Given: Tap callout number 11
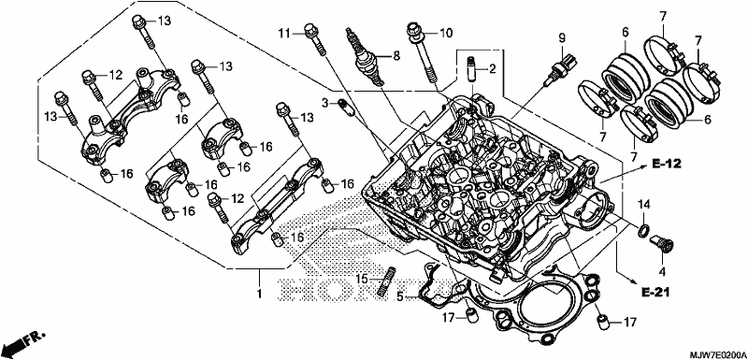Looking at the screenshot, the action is pyautogui.click(x=285, y=33).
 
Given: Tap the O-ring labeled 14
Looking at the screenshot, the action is pyautogui.click(x=643, y=231).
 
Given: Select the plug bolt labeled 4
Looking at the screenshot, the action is pyautogui.click(x=663, y=243).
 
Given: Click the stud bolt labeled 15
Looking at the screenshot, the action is pyautogui.click(x=387, y=281).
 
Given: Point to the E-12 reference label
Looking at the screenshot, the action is pyautogui.click(x=667, y=165).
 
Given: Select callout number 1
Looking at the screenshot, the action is pyautogui.click(x=260, y=294).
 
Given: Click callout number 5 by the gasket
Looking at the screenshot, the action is pyautogui.click(x=401, y=296).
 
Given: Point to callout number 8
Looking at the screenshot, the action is pyautogui.click(x=396, y=56).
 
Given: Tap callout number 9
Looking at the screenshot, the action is pyautogui.click(x=562, y=36).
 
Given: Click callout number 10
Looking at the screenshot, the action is pyautogui.click(x=445, y=33).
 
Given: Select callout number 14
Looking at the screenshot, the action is pyautogui.click(x=644, y=205).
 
